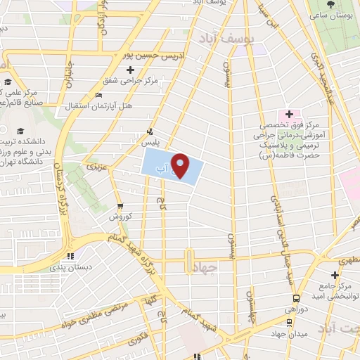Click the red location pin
point(181,166)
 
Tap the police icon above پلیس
point(149,131)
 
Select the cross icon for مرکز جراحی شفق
point(129,70)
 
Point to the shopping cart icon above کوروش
point(120,206)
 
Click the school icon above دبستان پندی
point(69,257)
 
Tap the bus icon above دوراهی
point(296,298)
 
